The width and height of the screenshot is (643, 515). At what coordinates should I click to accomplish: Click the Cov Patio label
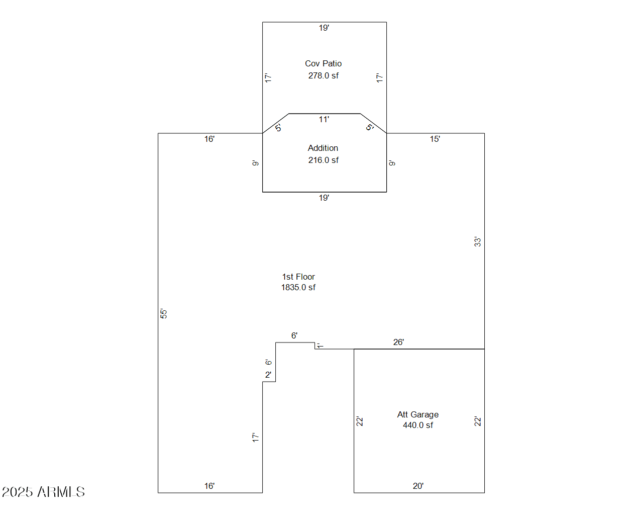323,63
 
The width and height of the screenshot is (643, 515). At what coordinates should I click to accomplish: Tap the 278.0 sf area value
324,75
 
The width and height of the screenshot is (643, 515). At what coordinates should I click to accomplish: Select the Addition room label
323,148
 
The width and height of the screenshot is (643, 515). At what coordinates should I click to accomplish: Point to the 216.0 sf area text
324,160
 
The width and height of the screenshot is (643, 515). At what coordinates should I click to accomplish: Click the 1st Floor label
298,277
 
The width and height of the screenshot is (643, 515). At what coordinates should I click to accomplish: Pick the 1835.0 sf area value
298,287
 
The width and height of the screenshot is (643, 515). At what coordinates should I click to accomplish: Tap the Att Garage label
418,414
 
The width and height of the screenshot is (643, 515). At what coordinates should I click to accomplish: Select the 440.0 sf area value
418,425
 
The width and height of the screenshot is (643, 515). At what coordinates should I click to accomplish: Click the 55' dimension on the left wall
163,313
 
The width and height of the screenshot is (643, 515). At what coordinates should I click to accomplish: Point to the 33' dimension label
477,242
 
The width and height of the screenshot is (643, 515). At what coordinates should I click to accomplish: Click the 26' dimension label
398,342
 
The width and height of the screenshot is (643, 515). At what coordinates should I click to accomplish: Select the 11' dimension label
324,119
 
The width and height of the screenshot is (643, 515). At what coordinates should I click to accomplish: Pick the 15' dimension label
435,139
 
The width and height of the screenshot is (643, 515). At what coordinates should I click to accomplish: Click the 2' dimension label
268,375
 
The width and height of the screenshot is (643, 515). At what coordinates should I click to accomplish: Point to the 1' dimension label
319,346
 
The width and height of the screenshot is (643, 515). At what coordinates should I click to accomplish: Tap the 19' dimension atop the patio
324,28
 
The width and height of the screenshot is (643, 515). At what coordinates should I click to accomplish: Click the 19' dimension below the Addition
324,198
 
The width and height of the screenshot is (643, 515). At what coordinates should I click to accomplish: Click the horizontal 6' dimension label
294,335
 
